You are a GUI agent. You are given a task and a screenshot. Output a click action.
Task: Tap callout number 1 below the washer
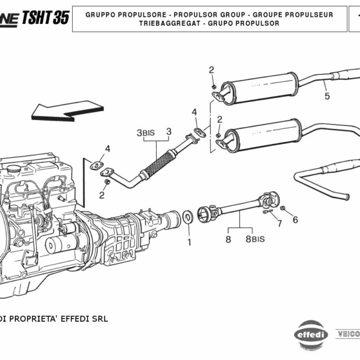coord(188,242)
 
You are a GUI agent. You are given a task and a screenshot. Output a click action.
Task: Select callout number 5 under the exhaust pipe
coord(327,96)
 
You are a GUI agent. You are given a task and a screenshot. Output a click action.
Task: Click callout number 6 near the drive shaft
coord(295,220)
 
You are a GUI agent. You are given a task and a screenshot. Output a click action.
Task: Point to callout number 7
coord(279,224)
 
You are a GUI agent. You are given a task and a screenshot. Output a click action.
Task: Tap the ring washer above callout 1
coord(187,216)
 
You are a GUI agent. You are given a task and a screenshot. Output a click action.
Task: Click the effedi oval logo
coord(310,334)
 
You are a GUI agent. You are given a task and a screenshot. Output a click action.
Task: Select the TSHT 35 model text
coord(45,17)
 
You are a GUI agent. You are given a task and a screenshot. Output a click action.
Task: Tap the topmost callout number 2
coord(211,70)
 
